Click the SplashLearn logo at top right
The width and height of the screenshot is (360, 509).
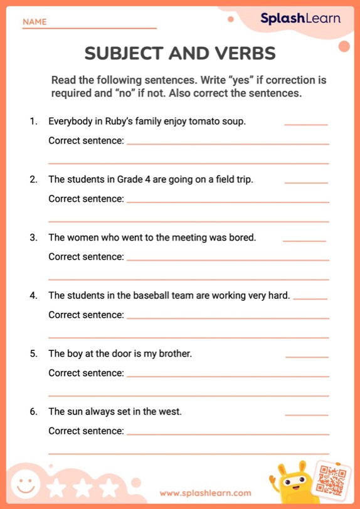[x=300, y=19]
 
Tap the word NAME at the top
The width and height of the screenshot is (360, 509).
[x=34, y=22]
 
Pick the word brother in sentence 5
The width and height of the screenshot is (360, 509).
[x=175, y=354]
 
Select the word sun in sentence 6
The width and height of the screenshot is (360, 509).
[x=75, y=412]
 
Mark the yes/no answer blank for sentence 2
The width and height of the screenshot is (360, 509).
[x=306, y=182]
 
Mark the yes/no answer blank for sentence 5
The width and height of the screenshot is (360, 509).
[x=307, y=356]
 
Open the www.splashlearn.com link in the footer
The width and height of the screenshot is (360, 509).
[x=205, y=493]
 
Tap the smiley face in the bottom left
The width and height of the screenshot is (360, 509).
[x=25, y=484]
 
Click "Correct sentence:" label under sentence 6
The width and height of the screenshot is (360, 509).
[x=86, y=431]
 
